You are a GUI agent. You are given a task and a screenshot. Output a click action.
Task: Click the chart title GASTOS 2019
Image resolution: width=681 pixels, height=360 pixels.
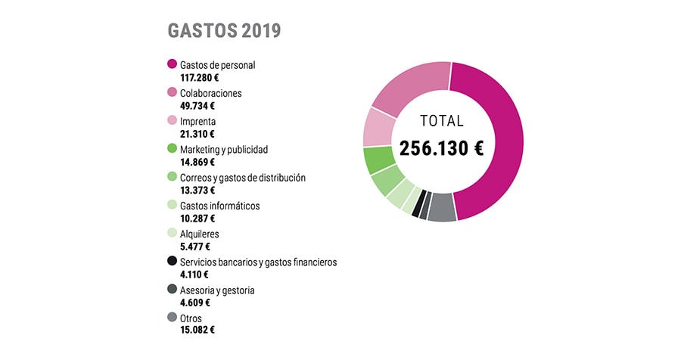[224, 31]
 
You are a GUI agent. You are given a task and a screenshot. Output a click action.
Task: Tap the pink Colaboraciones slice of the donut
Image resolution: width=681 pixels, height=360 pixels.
[408, 88]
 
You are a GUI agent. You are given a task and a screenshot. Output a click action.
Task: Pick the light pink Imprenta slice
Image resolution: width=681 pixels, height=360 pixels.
[378, 127]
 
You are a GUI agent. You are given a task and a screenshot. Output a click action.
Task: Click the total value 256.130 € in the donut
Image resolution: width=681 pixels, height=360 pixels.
[441, 148]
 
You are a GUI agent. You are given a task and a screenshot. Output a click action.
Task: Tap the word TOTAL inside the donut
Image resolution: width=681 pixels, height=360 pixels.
[442, 121]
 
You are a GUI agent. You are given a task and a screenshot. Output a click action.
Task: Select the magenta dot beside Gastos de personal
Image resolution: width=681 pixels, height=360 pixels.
[172, 65]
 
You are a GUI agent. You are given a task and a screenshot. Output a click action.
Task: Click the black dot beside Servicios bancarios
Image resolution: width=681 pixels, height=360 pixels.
[172, 262]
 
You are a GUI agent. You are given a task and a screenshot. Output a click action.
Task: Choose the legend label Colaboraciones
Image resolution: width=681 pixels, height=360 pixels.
[211, 93]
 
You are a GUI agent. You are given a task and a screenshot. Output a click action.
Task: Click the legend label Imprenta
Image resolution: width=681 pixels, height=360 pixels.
[198, 121]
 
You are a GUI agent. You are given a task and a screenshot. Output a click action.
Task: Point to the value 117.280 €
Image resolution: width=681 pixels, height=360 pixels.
[194, 77]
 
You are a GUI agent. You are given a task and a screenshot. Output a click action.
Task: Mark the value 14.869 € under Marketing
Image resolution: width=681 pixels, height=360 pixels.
[192, 162]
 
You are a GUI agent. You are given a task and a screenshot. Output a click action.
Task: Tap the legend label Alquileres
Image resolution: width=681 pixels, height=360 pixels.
[200, 234]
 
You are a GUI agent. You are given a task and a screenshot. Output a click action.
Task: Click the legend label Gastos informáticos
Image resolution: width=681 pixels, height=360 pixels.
[219, 206]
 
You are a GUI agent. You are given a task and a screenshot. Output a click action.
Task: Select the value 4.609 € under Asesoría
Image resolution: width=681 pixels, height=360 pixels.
[190, 303]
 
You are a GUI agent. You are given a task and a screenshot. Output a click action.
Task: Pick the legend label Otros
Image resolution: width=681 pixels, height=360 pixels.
[191, 318]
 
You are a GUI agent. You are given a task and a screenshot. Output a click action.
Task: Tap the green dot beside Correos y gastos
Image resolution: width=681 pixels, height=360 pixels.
[172, 178]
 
